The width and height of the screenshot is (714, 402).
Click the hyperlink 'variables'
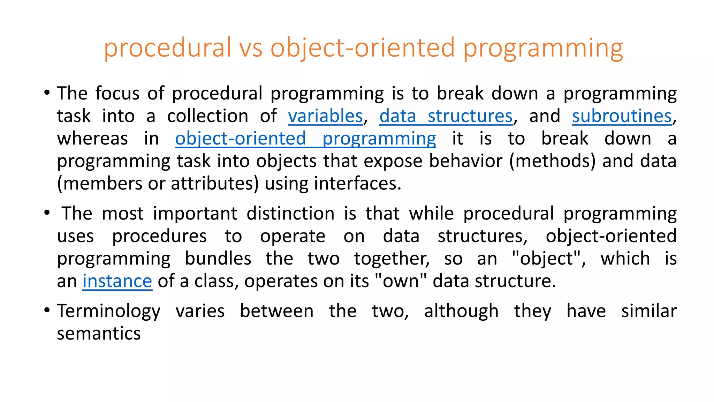[x=325, y=116]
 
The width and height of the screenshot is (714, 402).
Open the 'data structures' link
[x=446, y=116]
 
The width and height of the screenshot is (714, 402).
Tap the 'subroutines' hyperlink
[x=622, y=116]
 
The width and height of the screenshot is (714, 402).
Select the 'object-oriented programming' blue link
[x=305, y=139]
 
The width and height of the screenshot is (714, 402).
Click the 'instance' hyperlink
[x=117, y=281]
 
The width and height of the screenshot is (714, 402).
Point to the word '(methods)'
[x=552, y=161]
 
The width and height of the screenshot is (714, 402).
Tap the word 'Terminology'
[x=109, y=311]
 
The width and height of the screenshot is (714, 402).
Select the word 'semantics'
[x=99, y=334]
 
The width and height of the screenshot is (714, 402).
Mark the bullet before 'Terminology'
[x=47, y=310]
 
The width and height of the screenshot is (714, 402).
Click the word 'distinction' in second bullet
[x=290, y=214]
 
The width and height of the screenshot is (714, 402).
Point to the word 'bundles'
[x=218, y=259]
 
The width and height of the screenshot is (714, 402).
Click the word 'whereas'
[x=92, y=139]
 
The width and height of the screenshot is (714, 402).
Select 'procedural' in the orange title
[x=168, y=48]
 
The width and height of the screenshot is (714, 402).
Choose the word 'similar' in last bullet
[x=649, y=311]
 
